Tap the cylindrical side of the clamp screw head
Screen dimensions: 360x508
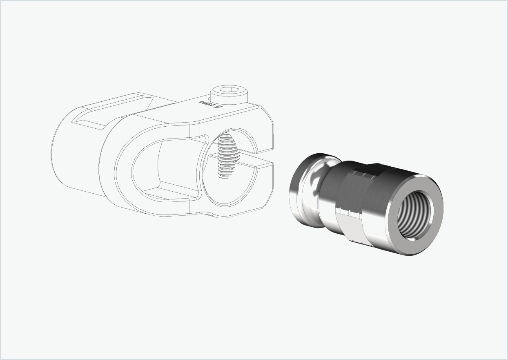(x=229, y=99)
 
